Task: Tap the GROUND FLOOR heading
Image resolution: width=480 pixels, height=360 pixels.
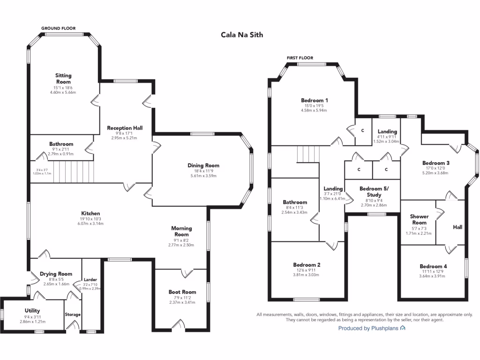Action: (59, 29)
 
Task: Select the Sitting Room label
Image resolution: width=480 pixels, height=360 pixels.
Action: (63, 78)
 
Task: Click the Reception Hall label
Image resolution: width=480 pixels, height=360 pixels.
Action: (125, 128)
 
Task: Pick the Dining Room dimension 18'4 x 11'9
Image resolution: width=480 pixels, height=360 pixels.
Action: (203, 172)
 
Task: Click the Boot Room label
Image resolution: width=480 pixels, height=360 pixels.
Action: (182, 292)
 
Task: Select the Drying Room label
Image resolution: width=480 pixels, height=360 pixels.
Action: (56, 274)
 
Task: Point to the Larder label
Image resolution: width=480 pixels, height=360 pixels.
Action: (90, 279)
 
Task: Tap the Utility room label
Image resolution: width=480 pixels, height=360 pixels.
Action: (32, 310)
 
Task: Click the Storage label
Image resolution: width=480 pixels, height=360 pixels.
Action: (73, 315)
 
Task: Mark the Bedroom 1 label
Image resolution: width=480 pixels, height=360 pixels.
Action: (314, 100)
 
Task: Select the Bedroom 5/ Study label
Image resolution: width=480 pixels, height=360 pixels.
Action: (374, 192)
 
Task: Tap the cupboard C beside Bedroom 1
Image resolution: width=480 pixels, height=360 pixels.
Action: (362, 130)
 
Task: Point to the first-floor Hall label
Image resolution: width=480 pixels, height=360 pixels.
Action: (457, 227)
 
